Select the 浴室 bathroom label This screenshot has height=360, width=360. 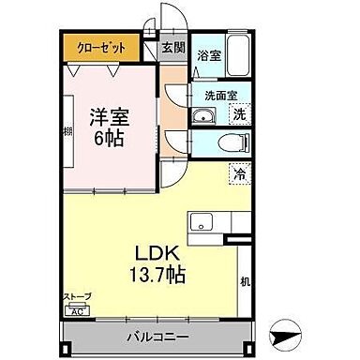click(209, 56)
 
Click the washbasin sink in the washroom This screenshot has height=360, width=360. click(202, 116)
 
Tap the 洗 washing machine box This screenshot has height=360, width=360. click(239, 113)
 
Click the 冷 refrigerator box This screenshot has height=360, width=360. click(238, 172)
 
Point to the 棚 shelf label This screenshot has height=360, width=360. click(68, 132)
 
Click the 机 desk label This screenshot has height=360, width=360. click(244, 282)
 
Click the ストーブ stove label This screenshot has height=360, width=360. click(77, 298)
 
